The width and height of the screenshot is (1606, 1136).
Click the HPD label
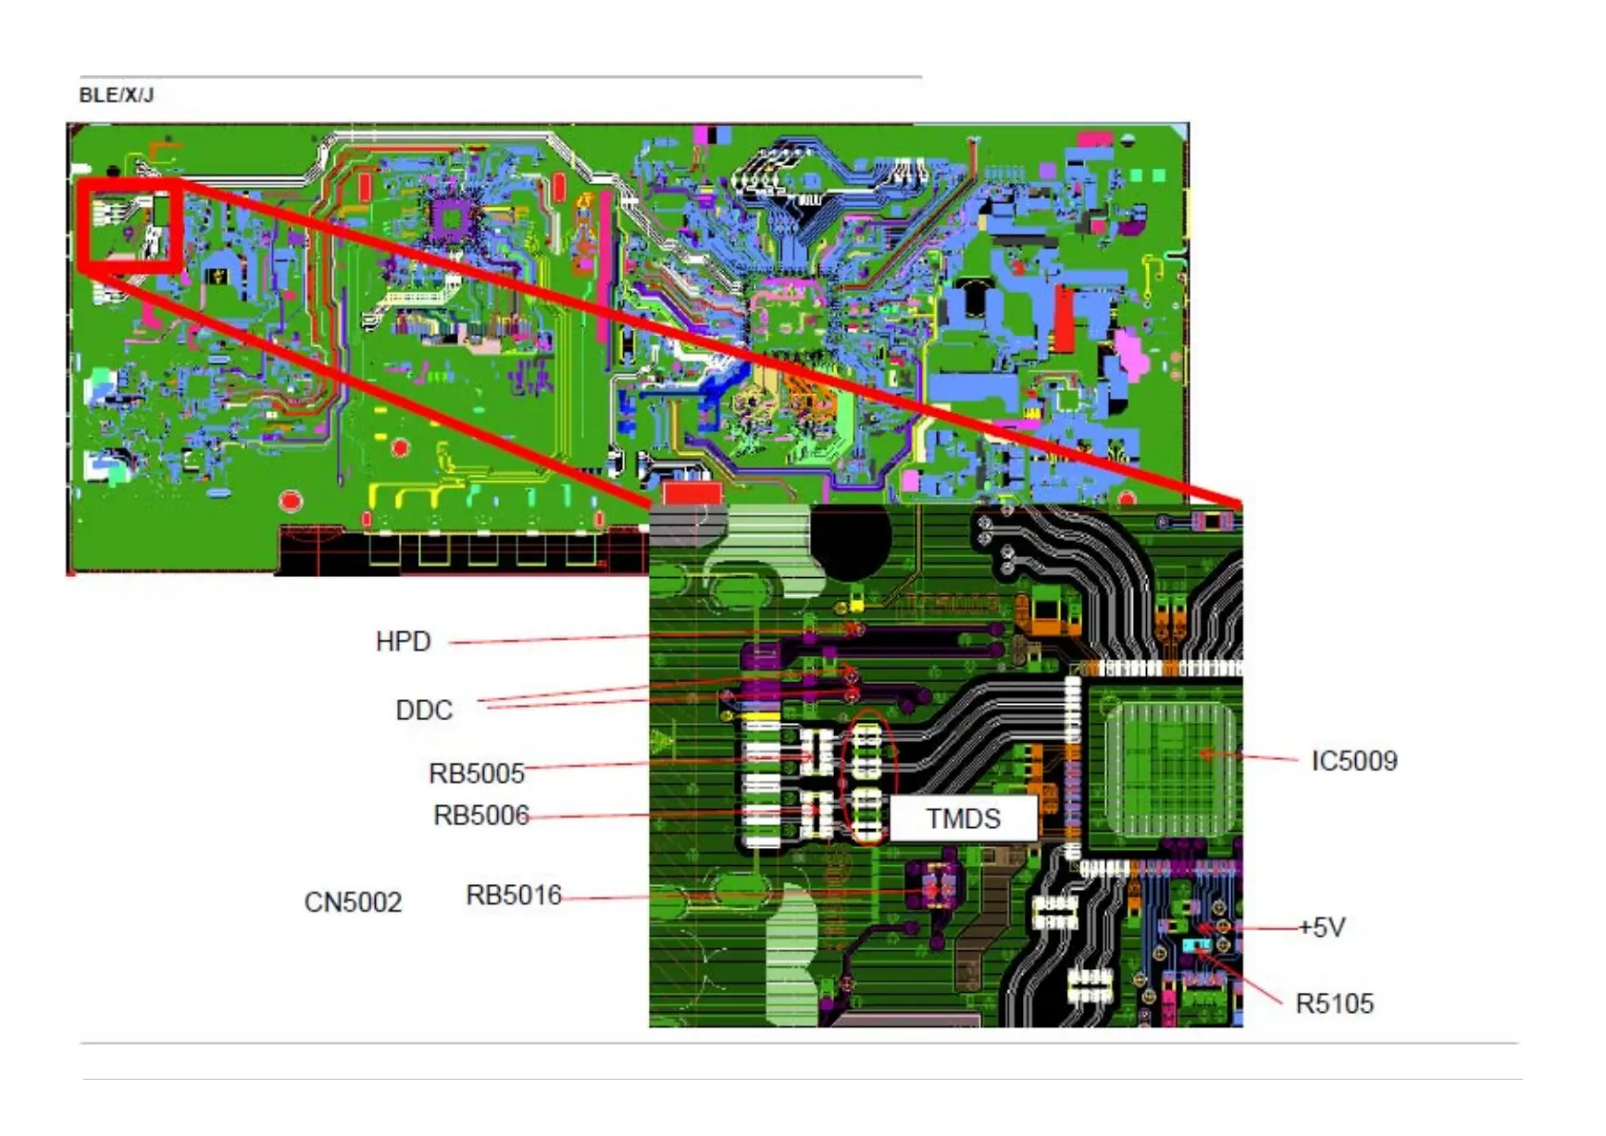[403, 641]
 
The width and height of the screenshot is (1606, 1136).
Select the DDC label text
[424, 710]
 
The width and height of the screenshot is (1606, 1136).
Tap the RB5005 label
[476, 773]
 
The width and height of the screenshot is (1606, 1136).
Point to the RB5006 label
[481, 816]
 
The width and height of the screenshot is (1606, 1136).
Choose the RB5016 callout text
[513, 895]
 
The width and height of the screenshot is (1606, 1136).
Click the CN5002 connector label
[352, 901]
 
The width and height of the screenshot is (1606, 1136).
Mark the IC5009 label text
[1353, 760]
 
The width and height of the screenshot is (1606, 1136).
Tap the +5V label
[1322, 927]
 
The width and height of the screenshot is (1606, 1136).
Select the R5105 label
[1334, 1003]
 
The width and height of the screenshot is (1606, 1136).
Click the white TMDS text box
[963, 818]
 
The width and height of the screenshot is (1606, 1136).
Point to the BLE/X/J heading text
[115, 95]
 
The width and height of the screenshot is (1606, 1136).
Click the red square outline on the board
[129, 226]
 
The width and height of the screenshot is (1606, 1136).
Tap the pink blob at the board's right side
[1132, 352]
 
